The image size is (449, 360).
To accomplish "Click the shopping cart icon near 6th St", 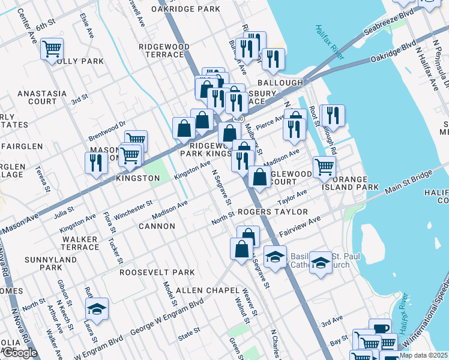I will point(52,48).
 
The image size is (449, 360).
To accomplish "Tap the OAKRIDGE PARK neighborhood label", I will point(185,10).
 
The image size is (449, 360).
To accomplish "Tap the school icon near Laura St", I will point(97,309).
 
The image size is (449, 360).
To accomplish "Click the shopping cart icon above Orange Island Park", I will point(324,166).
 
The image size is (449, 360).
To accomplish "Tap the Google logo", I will point(19,353).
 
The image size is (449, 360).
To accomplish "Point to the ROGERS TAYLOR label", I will point(273,212).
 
